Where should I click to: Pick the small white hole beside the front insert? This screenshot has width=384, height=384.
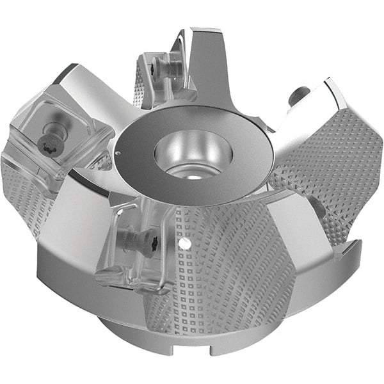[x=183, y=244]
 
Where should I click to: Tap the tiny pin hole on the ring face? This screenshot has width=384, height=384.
[x=118, y=153]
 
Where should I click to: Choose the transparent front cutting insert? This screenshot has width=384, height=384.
[x=134, y=246]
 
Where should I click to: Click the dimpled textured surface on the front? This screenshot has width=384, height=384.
[x=218, y=275]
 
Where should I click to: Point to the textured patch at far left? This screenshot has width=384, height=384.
[x=22, y=192]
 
